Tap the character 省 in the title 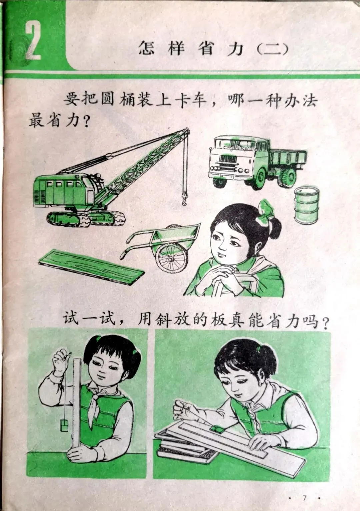207,48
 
